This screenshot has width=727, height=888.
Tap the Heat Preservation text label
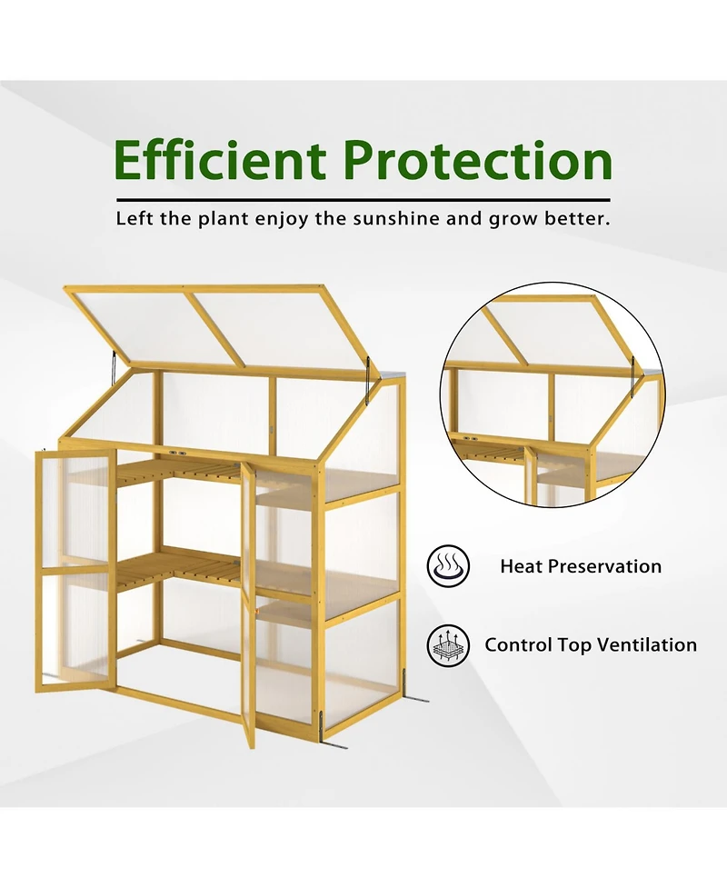[x=581, y=566]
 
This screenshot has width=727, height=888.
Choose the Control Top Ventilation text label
[x=591, y=645]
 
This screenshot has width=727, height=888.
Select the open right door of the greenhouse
[x=248, y=600]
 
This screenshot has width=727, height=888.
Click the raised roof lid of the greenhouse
[x=218, y=327]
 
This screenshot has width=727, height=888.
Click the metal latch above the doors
[x=174, y=452]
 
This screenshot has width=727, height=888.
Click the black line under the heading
[x=363, y=199]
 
